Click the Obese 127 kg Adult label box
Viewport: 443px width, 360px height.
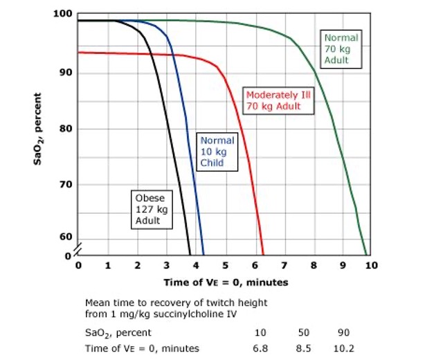click(x=149, y=209)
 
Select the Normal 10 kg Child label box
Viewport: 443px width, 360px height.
click(x=217, y=152)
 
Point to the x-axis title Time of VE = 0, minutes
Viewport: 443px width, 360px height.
click(x=226, y=282)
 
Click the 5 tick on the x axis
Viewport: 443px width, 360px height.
click(x=225, y=265)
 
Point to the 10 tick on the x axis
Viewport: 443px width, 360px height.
click(x=371, y=265)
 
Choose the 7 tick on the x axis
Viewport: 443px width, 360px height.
click(x=284, y=265)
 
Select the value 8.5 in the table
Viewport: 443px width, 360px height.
click(x=302, y=348)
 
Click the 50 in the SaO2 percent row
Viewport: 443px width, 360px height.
click(x=302, y=333)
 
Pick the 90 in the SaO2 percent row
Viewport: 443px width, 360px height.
click(x=342, y=333)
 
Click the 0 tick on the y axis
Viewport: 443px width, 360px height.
click(x=67, y=255)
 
